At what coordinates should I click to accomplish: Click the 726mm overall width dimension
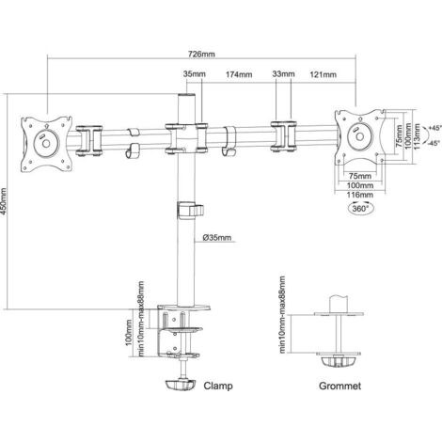pyautogui.click(x=201, y=54)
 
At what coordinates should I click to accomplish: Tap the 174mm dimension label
pyautogui.click(x=239, y=74)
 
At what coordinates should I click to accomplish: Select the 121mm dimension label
pyautogui.click(x=324, y=74)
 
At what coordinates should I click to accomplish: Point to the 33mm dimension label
pyautogui.click(x=283, y=74)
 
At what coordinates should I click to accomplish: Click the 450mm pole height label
pyautogui.click(x=4, y=201)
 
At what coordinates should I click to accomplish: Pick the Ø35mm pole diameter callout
pyautogui.click(x=217, y=238)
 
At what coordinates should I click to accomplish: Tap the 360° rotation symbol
pyautogui.click(x=360, y=209)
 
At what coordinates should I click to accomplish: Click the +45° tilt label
pyautogui.click(x=434, y=128)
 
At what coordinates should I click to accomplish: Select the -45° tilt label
pyautogui.click(x=434, y=143)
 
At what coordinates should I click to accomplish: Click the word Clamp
pyautogui.click(x=218, y=386)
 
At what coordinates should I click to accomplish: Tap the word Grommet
pyautogui.click(x=339, y=386)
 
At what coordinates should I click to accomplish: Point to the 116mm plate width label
pyautogui.click(x=360, y=195)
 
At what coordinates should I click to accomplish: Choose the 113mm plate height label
pyautogui.click(x=417, y=136)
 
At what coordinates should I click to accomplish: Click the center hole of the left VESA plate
pyautogui.click(x=46, y=144)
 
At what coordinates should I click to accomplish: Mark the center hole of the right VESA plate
pyautogui.click(x=359, y=136)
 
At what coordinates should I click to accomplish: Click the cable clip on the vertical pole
pyautogui.click(x=190, y=211)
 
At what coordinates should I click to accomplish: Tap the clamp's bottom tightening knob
pyautogui.click(x=181, y=386)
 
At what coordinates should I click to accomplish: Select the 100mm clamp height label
pyautogui.click(x=129, y=333)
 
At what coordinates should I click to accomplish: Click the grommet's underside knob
pyautogui.click(x=339, y=361)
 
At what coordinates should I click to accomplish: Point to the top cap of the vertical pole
pyautogui.click(x=186, y=95)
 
